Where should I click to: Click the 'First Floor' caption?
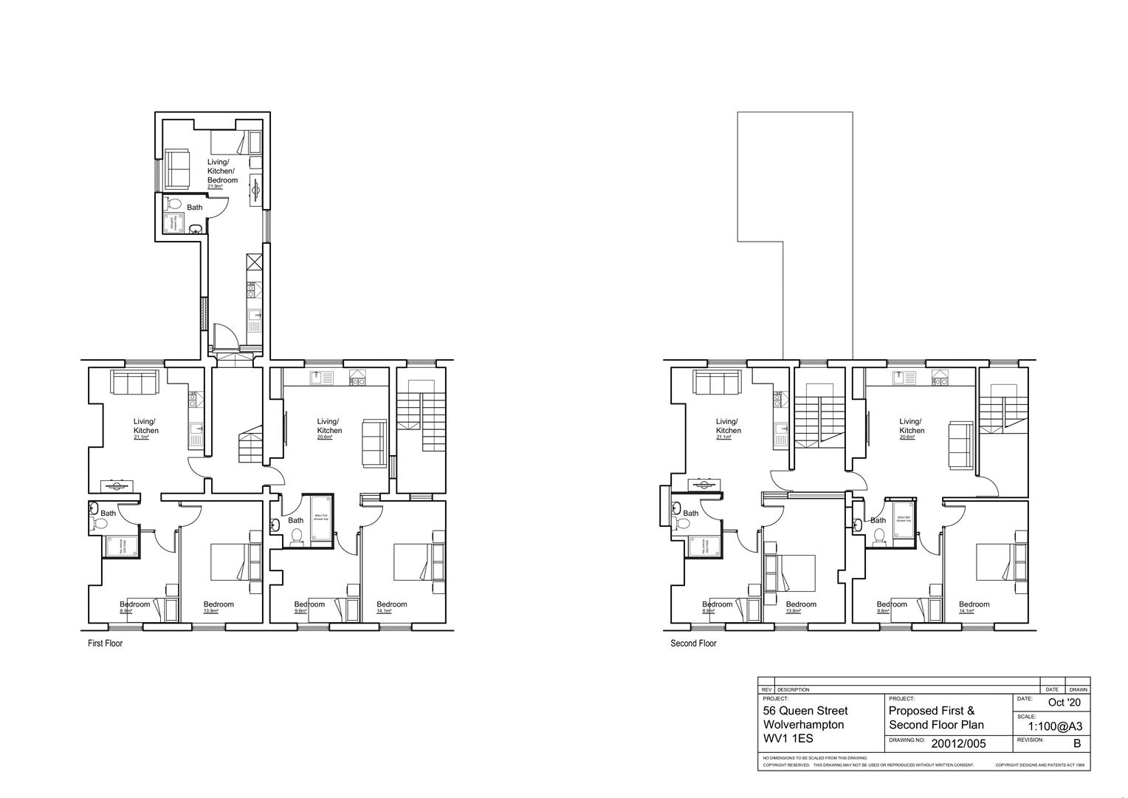pyautogui.click(x=105, y=644)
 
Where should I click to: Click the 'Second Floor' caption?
pyautogui.click(x=693, y=644)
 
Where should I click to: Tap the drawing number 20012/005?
pyautogui.click(x=958, y=744)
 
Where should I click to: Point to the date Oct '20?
pyautogui.click(x=1064, y=703)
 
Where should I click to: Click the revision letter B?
pyautogui.click(x=1076, y=744)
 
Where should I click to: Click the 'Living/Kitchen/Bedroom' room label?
pyautogui.click(x=222, y=171)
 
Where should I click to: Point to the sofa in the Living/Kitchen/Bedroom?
pyautogui.click(x=177, y=168)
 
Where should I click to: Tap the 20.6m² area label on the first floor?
pyautogui.click(x=325, y=437)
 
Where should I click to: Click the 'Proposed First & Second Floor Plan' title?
pyautogui.click(x=936, y=717)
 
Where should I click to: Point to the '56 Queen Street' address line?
pyautogui.click(x=805, y=711)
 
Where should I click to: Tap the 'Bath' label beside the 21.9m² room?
pyautogui.click(x=194, y=208)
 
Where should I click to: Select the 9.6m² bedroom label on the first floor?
pyautogui.click(x=300, y=611)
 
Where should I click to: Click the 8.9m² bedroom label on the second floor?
pyautogui.click(x=709, y=611)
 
